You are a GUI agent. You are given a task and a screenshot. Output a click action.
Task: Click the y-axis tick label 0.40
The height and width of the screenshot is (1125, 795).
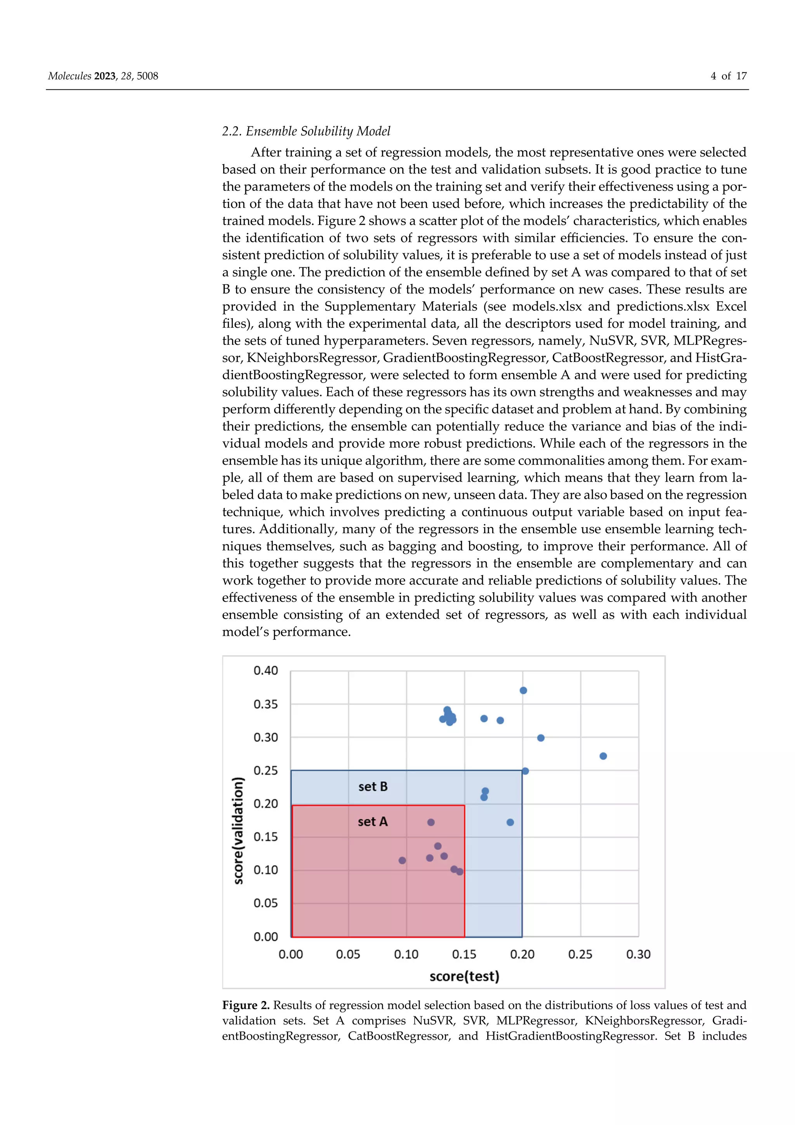pos(266,670)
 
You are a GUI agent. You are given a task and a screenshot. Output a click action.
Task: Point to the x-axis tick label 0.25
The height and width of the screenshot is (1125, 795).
pos(580,954)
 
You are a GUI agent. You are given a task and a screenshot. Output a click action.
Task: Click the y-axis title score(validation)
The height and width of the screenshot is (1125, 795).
pos(238,831)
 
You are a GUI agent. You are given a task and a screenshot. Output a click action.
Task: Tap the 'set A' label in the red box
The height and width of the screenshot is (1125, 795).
pos(372,822)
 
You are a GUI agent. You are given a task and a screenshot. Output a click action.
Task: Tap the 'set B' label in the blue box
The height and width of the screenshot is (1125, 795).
pos(373,786)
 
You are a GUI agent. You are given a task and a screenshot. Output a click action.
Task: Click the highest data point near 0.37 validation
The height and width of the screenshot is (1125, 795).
pos(523,690)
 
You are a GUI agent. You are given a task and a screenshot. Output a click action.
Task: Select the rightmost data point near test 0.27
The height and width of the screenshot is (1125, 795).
pos(603,756)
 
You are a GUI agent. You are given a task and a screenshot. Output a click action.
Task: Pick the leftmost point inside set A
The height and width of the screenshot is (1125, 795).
pos(402,861)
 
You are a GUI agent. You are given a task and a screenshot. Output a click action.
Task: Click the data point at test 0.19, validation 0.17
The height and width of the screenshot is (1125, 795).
pos(510,822)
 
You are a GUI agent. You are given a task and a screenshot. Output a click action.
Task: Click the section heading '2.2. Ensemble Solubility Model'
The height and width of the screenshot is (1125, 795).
pos(306,131)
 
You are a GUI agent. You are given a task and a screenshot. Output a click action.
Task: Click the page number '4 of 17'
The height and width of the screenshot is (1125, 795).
pos(728,76)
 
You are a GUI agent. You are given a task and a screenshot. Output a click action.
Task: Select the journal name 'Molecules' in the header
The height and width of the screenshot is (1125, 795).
pos(69,76)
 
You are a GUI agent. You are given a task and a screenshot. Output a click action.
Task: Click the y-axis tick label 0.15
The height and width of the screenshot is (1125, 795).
pos(266,836)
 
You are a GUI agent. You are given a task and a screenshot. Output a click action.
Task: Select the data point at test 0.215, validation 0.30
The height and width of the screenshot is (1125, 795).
pos(541,738)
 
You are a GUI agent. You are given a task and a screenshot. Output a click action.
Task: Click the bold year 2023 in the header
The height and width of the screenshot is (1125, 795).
pos(105,76)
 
